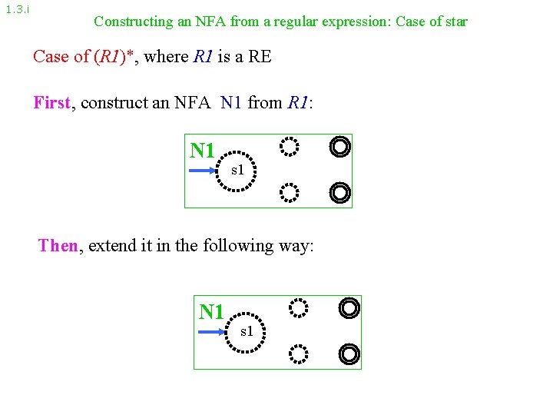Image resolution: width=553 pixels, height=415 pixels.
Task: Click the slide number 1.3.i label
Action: (17, 10)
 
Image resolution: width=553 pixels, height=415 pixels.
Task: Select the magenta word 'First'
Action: (51, 102)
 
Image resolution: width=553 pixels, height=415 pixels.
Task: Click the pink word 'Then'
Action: (58, 246)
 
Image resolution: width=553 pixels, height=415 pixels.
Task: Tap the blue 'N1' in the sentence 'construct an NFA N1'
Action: (230, 102)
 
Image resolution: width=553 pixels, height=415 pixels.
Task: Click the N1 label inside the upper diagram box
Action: (202, 151)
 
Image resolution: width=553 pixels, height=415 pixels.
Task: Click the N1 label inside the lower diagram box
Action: (211, 312)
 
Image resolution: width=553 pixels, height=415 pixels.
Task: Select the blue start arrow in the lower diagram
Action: (214, 332)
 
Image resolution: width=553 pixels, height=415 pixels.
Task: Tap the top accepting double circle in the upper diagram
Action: (339, 145)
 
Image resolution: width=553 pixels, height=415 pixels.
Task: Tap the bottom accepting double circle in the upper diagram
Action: (339, 192)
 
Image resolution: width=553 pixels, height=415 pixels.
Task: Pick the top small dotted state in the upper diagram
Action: (289, 145)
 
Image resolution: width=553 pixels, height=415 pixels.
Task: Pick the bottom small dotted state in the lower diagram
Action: (298, 354)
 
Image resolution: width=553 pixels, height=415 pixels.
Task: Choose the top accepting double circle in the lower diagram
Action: (349, 308)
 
